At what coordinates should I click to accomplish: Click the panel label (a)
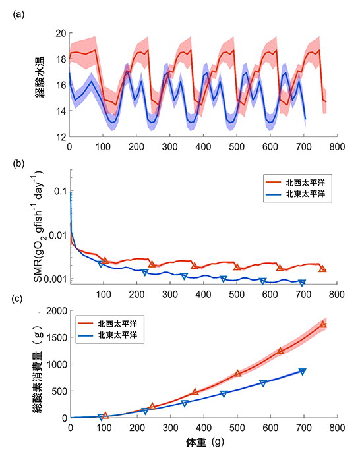18,14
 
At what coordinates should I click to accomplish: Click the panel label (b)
18,163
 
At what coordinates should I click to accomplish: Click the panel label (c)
17,298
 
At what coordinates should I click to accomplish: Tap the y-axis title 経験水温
40,77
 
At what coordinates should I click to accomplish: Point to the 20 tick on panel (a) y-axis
61,34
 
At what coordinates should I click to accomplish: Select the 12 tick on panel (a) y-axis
61,137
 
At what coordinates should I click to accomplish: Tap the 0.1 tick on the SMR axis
61,191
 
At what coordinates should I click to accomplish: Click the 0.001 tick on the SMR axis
55,279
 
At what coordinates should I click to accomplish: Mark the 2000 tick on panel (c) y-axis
57,311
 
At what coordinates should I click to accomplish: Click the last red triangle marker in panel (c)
323,325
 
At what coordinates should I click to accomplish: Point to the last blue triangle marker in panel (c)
302,372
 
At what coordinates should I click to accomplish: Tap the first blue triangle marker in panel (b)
101,263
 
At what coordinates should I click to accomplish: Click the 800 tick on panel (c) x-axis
337,427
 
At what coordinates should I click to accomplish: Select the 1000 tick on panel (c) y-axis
57,364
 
